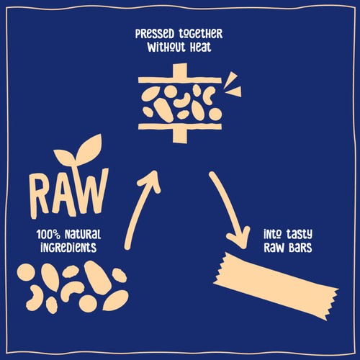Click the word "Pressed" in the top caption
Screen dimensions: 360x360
[x=155, y=34]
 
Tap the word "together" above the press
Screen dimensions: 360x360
[x=201, y=35]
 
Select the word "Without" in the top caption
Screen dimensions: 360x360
[x=166, y=47]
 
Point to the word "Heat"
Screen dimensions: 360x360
[x=201, y=47]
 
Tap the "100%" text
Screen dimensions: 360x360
[x=48, y=234]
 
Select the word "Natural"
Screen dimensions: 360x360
[x=83, y=234]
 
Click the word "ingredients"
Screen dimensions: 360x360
[x=68, y=248]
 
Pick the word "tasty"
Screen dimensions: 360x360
[x=299, y=234]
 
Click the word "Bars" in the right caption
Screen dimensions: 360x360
[x=300, y=248]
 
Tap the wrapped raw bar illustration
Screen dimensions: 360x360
[x=276, y=286]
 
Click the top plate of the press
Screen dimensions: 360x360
[x=180, y=80]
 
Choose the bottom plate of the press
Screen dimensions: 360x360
[x=180, y=127]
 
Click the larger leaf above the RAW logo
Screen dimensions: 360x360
[x=89, y=147]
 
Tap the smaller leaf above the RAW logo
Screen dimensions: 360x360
[x=64, y=156]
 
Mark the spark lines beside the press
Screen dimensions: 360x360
[x=232, y=85]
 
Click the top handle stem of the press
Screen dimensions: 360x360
[x=180, y=71]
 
